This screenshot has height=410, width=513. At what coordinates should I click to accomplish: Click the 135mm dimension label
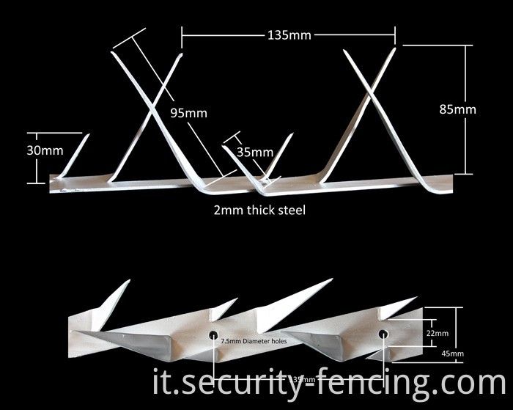(x=289, y=34)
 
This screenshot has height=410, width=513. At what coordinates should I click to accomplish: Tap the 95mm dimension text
(x=189, y=113)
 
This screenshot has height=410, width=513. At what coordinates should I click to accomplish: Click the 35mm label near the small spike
(x=256, y=153)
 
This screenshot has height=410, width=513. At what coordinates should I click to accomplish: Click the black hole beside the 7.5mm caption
(x=213, y=335)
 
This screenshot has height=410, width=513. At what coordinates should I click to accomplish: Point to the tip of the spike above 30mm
(x=88, y=135)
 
